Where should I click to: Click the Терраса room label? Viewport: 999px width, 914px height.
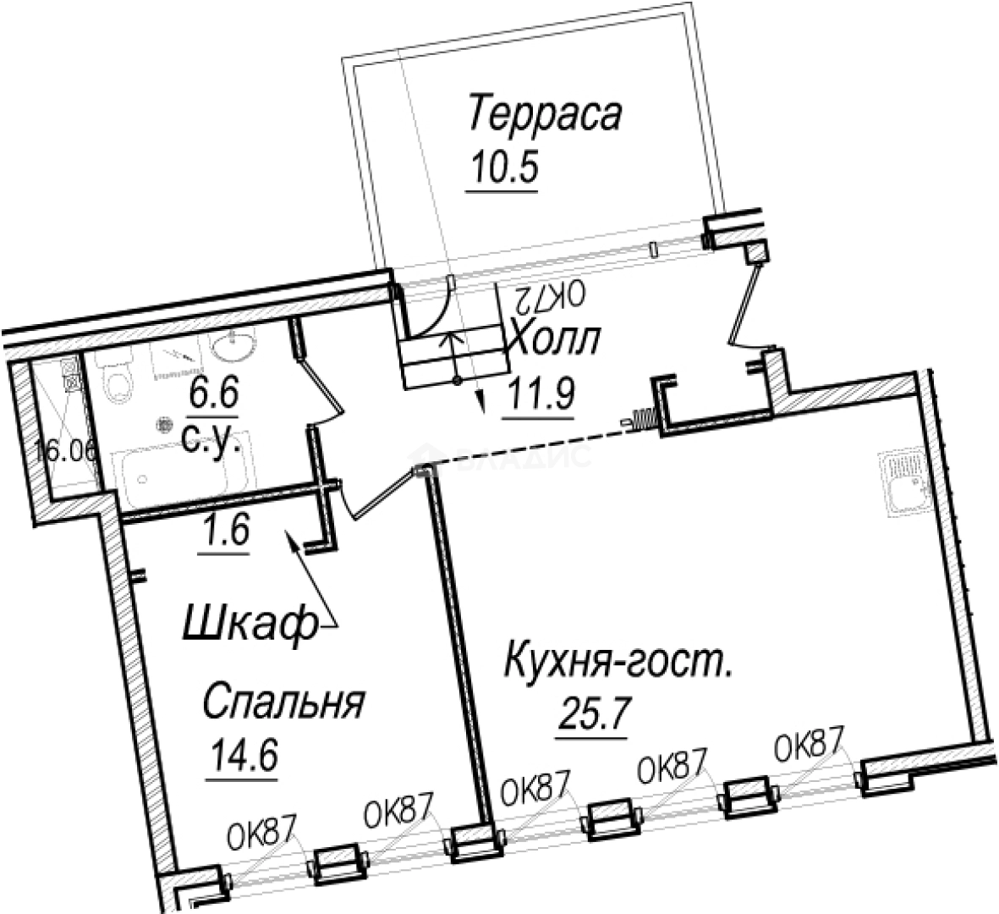(545, 116)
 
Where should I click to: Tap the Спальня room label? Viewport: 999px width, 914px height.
(283, 703)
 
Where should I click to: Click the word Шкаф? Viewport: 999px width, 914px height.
(244, 628)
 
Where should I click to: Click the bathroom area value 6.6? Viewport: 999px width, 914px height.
(215, 394)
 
